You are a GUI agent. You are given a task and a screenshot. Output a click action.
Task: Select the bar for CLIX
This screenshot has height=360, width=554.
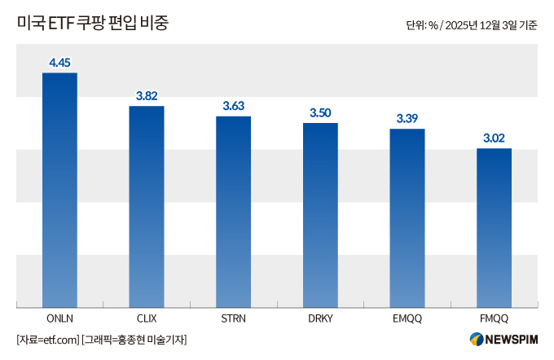tap(147, 207)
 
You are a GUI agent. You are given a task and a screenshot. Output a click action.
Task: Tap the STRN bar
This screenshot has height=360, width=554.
tap(233, 212)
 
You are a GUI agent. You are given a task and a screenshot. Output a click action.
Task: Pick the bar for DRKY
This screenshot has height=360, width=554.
tap(320, 215)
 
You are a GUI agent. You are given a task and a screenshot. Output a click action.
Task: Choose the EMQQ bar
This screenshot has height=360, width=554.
tap(407, 218)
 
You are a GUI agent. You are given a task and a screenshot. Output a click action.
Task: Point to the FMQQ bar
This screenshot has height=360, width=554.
tap(494, 228)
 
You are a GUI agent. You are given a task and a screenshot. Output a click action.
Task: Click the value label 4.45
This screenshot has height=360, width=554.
tap(59, 62)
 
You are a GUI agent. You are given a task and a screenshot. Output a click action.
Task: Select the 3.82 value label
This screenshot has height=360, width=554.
tap(147, 95)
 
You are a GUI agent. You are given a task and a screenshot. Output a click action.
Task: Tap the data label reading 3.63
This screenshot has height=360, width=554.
tap(233, 106)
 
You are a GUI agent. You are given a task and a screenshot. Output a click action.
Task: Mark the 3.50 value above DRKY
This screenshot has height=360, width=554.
tap(320, 112)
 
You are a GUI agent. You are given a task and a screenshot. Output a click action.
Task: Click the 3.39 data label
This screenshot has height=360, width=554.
tap(407, 118)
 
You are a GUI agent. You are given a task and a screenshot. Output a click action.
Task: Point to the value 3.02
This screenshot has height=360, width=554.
tap(494, 138)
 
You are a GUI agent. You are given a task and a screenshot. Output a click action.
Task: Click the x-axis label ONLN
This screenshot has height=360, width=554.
tap(59, 318)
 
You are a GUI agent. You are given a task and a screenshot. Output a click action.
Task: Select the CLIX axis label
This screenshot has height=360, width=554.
tap(147, 318)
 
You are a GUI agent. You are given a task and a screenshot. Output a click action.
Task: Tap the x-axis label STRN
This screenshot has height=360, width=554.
tap(233, 318)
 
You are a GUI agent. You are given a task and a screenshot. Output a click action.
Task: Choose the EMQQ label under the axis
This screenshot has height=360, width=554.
tap(407, 318)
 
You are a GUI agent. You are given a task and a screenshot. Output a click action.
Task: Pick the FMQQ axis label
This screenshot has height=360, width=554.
tap(494, 318)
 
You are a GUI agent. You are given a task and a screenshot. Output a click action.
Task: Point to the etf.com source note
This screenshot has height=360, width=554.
tap(48, 339)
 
